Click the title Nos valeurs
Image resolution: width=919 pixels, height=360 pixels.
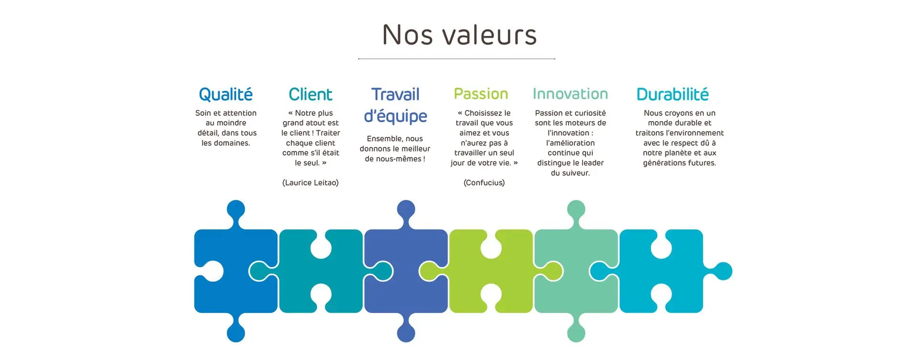(459, 35)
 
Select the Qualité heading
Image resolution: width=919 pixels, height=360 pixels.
(225, 94)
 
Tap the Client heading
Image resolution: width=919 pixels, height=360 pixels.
(310, 94)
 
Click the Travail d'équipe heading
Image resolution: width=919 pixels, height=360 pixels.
(395, 105)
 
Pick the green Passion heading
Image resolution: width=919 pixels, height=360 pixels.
(481, 94)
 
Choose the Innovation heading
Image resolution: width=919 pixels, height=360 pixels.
(570, 94)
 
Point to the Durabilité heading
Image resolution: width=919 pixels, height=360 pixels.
(672, 94)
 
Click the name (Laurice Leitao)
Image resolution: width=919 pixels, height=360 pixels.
(311, 183)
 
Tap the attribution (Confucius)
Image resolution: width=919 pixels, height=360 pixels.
(484, 183)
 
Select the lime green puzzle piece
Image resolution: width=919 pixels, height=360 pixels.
(491, 271)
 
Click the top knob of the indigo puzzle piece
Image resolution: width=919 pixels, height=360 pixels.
(406, 210)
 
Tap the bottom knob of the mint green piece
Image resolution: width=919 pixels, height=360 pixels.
(576, 332)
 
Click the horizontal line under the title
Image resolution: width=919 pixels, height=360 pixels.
(457, 59)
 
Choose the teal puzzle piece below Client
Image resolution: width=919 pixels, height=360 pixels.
(321, 271)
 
